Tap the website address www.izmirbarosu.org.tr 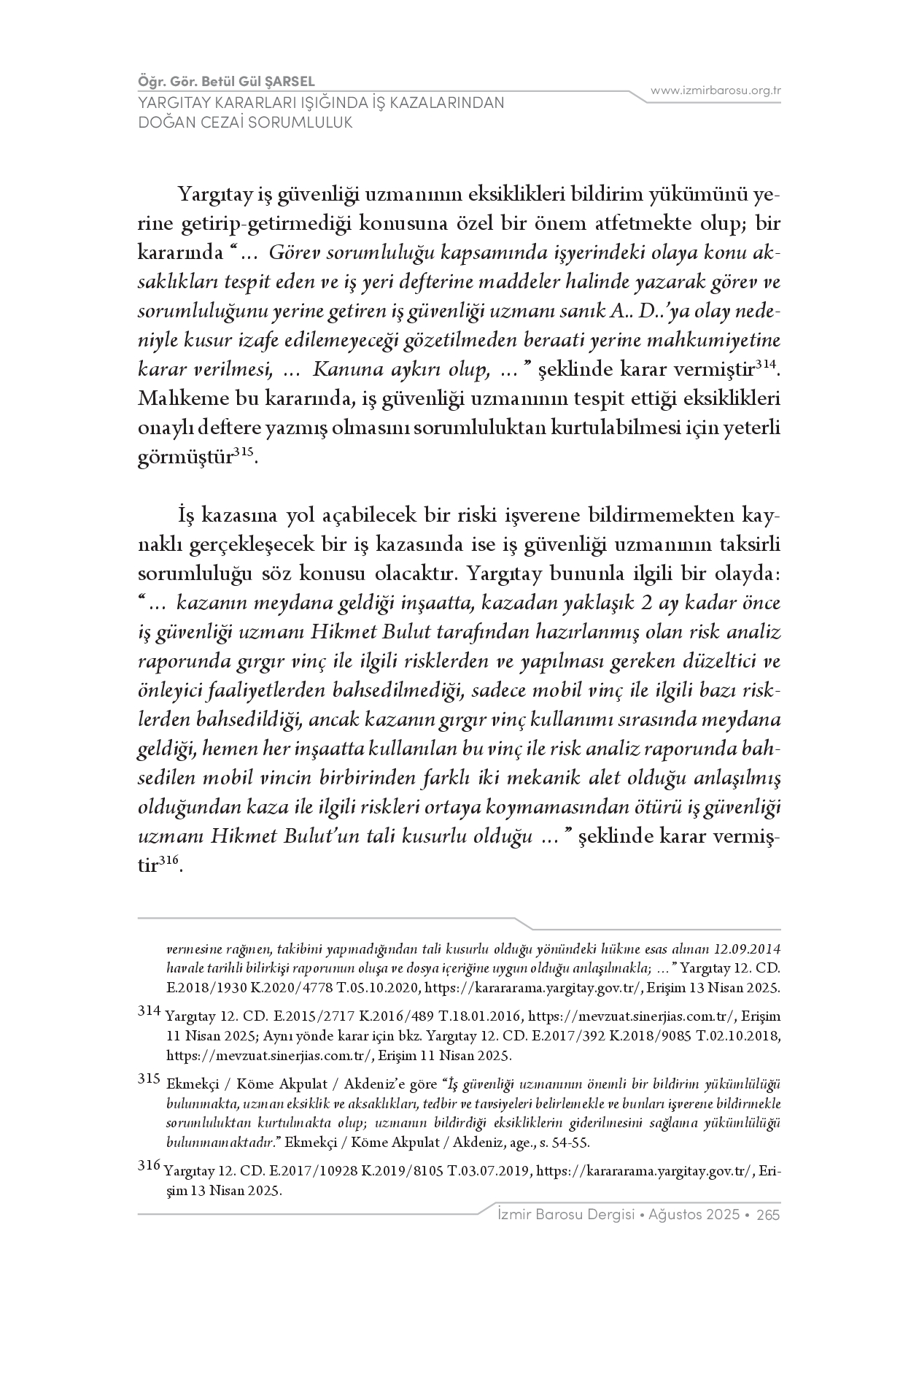coord(716,90)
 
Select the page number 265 coord(769,1215)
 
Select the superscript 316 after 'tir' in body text coord(168,861)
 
